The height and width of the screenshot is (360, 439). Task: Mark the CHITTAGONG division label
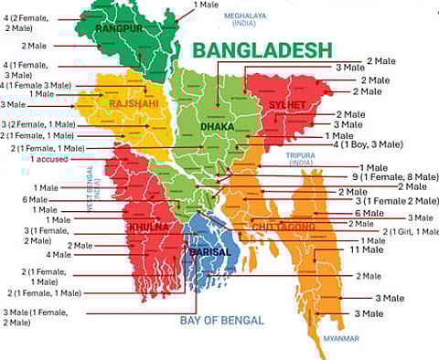coord(284,226)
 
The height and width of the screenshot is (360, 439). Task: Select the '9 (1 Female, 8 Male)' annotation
coord(399,177)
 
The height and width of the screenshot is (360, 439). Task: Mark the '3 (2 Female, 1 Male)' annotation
coord(38,123)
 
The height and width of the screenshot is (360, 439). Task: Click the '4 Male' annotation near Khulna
coord(59,254)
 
